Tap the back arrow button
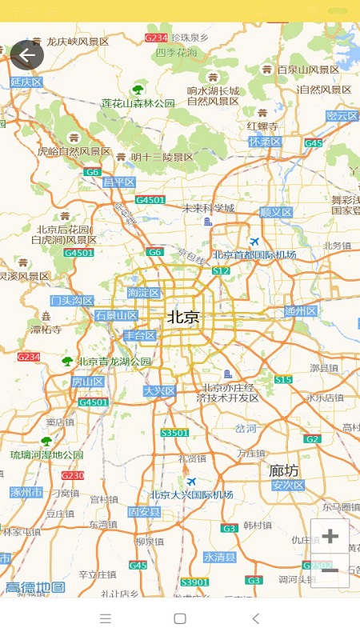point(27,55)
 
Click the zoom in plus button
point(330,536)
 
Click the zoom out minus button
point(330,570)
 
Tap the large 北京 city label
point(184,318)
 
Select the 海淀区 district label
point(144,294)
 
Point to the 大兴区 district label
point(159,391)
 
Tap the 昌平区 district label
point(119,182)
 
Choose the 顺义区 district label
point(276,212)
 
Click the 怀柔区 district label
point(265,142)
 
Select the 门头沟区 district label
point(72,301)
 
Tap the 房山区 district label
point(88,382)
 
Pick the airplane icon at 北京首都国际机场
point(254,242)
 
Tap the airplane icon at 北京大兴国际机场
point(191,481)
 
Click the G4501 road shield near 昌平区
point(150,200)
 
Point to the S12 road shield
point(221,271)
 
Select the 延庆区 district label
point(26,82)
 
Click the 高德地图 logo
point(35,588)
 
